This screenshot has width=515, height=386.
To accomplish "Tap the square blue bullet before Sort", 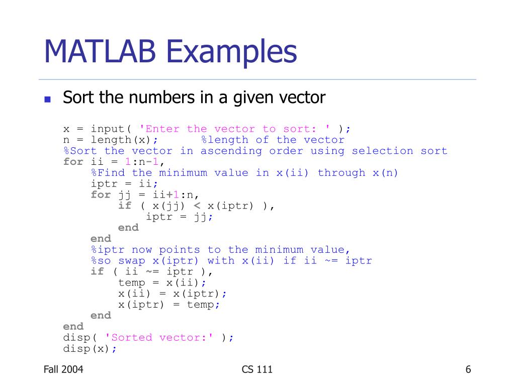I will coord(48,99).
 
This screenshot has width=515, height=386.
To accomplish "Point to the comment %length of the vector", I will coord(273,140).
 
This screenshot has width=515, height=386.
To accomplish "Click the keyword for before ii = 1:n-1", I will coord(73,162).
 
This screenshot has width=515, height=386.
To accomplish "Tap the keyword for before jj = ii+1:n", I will coord(101,195).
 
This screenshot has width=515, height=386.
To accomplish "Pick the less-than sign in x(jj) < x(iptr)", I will coord(197,206).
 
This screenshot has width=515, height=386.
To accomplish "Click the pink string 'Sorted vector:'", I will coord(159,338).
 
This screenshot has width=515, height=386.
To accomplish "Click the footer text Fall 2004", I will coord(63,370).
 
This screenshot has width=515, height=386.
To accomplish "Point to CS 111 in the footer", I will coord(257,370).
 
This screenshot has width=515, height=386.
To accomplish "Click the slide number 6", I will coord(468,370).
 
